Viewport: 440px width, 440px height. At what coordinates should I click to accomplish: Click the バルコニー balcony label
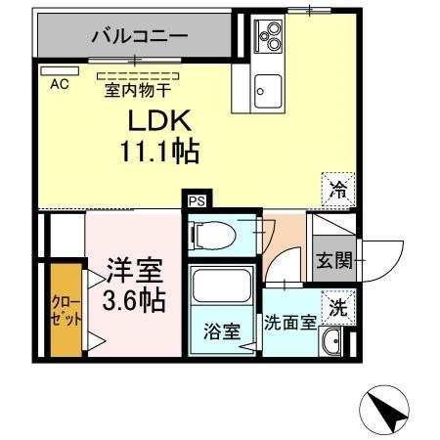click(139, 37)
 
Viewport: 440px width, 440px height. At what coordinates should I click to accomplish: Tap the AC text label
click(60, 85)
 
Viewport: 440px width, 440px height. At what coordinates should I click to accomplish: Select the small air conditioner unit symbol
click(52, 70)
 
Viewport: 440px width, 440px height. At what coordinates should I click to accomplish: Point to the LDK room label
click(160, 122)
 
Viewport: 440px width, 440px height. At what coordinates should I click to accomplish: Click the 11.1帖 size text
click(159, 153)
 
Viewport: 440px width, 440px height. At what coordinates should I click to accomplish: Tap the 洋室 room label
click(134, 270)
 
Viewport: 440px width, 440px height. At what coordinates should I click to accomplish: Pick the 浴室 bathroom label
click(222, 331)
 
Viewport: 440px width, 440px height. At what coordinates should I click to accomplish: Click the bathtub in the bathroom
click(222, 287)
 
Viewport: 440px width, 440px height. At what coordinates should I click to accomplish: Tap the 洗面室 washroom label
click(289, 323)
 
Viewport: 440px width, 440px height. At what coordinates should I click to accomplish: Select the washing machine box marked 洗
click(337, 306)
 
